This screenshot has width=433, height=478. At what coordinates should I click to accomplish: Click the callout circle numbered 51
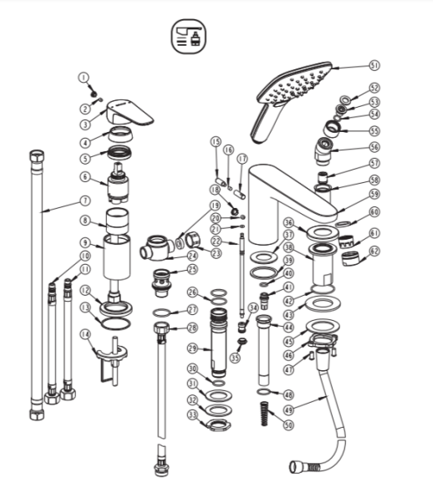374,65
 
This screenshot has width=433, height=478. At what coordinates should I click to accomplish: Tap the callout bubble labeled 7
86,201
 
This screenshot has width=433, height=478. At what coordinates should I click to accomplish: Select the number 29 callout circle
192,348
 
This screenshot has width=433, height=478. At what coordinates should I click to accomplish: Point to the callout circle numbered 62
374,252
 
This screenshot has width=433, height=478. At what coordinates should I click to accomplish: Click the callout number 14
85,334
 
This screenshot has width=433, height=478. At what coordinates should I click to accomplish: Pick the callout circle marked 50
288,425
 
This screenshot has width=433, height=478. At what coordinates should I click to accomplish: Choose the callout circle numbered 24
192,256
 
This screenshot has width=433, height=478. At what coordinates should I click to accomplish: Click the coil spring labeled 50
265,414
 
